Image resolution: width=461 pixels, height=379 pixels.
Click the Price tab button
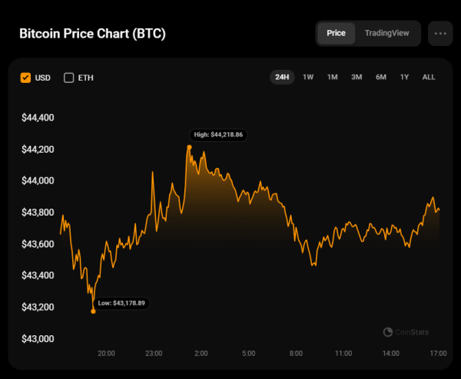coord(336,33)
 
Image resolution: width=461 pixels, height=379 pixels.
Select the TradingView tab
coord(387,33)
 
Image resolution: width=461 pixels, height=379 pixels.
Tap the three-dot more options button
coord(440,34)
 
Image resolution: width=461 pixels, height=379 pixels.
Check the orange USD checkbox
coord(25,77)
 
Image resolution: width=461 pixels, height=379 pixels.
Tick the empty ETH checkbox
coord(68,77)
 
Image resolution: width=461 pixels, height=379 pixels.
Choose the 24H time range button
coord(282,77)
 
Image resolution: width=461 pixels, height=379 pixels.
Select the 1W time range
coord(308,77)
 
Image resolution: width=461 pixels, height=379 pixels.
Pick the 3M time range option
coord(357,77)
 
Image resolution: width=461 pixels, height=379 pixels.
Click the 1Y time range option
coord(404,77)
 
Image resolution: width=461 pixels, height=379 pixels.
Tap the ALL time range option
coord(429,77)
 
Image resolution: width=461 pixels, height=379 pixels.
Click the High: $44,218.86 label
coord(218,134)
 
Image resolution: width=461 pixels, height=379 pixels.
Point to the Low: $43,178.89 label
coord(121,303)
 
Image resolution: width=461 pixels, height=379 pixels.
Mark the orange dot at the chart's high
coord(189,147)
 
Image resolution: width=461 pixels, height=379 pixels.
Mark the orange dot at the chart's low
coord(93,311)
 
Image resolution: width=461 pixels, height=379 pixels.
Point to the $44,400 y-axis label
coord(38,118)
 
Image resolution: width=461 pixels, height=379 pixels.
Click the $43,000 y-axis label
coord(38,338)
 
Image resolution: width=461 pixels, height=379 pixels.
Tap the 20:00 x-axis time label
coord(106,354)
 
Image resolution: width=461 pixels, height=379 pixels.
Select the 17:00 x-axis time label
coord(438,354)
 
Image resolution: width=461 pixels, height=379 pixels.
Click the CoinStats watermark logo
coord(406,332)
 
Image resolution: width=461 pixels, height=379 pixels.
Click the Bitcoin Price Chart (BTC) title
coord(92,35)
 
